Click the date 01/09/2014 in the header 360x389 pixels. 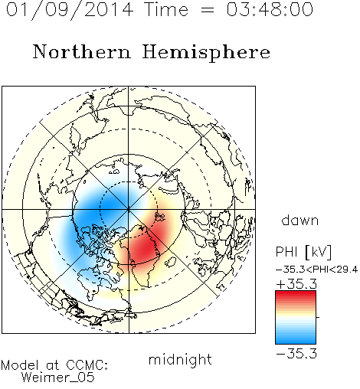click(x=70, y=10)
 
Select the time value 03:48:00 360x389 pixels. click(x=270, y=9)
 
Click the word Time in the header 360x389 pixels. click(x=166, y=9)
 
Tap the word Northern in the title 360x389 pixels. click(x=82, y=52)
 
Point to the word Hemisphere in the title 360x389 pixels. click(x=206, y=53)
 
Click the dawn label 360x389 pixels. click(x=300, y=220)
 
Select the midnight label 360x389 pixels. click(x=180, y=360)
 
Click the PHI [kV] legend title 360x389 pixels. click(x=303, y=252)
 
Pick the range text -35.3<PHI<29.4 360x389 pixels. click(x=316, y=270)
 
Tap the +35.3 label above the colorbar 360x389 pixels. click(x=296, y=284)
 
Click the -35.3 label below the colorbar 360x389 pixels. click(x=296, y=354)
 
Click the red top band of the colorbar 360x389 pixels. click(x=296, y=296)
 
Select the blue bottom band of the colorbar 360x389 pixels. click(x=296, y=339)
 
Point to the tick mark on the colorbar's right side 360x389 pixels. click(x=318, y=317)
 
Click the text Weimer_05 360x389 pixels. click(x=58, y=378)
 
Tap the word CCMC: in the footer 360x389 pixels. click(x=87, y=365)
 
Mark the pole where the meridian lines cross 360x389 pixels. click(x=129, y=209)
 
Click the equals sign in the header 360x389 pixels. click(x=208, y=11)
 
